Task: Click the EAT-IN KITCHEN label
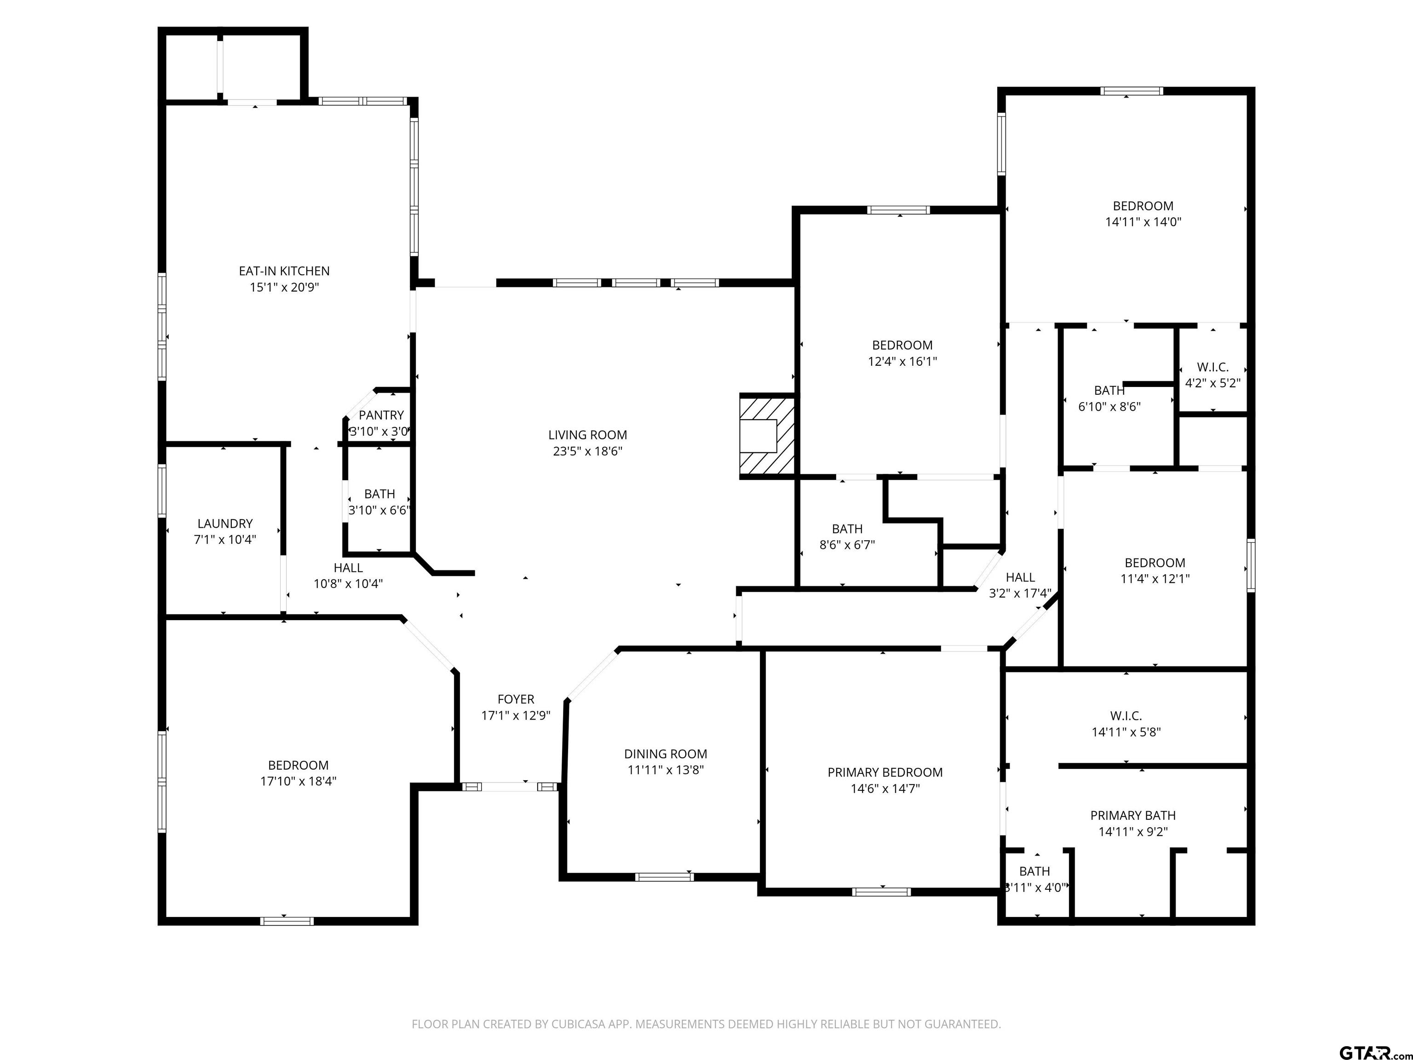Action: [284, 271]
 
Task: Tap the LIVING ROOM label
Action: [588, 435]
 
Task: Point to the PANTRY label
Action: [381, 415]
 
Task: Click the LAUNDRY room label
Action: [225, 523]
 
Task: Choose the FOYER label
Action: [516, 700]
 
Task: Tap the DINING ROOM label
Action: [666, 754]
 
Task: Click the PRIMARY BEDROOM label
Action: [885, 772]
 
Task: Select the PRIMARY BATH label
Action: [1132, 815]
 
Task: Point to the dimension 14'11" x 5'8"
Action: [1126, 732]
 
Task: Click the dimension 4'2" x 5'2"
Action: [1212, 383]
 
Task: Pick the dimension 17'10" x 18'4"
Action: [299, 781]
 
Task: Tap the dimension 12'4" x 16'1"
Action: [902, 362]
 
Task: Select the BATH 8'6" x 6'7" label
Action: [847, 537]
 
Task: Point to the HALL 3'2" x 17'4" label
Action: [1020, 585]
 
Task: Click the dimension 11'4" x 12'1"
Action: [1155, 579]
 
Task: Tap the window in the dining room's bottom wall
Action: [664, 876]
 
